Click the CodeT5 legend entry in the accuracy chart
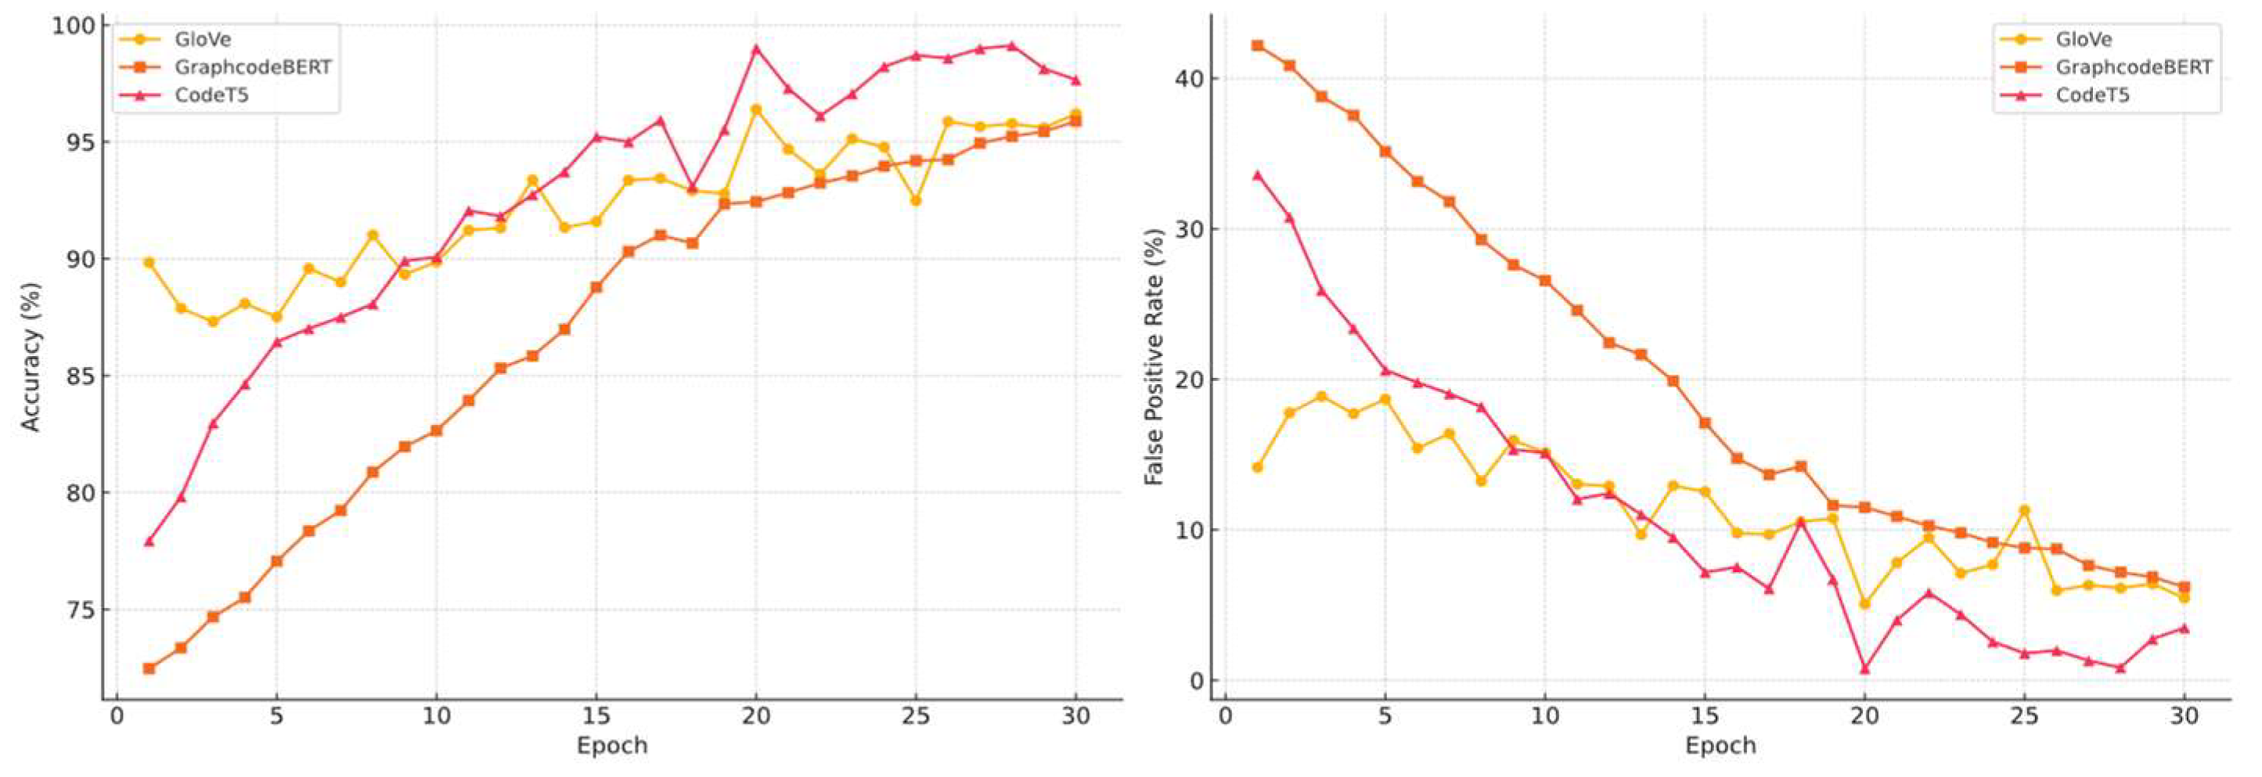(211, 95)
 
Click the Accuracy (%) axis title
(31, 358)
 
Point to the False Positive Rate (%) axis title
(1154, 358)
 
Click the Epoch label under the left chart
(611, 746)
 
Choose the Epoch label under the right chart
(1720, 746)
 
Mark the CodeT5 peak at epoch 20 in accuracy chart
(755, 49)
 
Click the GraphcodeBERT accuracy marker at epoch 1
(149, 668)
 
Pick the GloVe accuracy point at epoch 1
(149, 261)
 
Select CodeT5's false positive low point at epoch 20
(1864, 668)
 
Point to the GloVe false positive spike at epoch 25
(2024, 510)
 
